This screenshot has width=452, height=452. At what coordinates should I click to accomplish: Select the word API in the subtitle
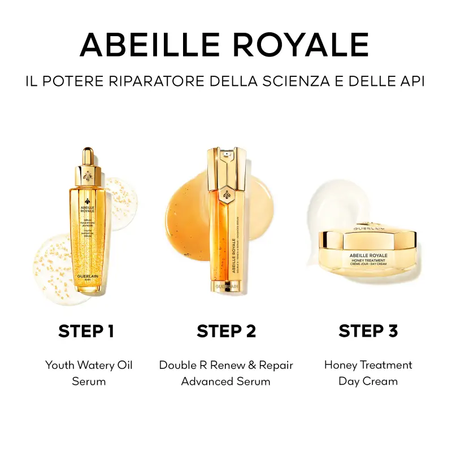coord(411,81)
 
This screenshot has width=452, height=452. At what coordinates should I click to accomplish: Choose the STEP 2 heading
coord(226,331)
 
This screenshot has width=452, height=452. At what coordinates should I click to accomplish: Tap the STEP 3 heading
coord(368,331)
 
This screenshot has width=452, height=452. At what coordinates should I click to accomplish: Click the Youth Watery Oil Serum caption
coord(89,373)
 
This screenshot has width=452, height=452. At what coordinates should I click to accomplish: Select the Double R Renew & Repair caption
coord(226,365)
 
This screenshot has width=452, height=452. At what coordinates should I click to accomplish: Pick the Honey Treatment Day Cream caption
coord(368,373)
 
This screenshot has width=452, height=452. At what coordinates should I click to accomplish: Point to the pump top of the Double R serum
coord(225,155)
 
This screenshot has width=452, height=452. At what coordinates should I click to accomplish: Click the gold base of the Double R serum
coord(225,287)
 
